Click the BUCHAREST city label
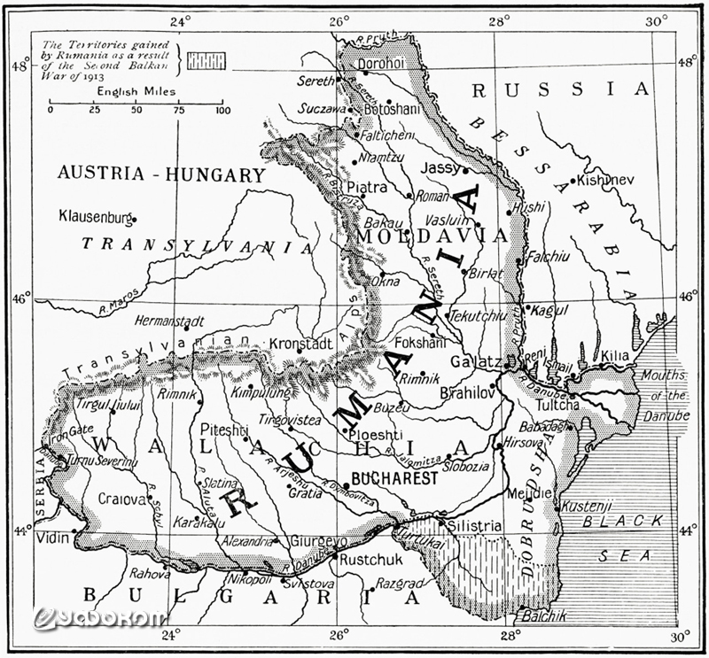(395, 477)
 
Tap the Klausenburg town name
(95, 215)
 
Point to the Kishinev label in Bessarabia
(607, 180)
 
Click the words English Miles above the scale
(136, 91)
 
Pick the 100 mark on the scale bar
(221, 111)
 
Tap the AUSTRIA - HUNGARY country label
(161, 174)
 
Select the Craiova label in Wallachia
(121, 499)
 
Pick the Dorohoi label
(382, 63)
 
